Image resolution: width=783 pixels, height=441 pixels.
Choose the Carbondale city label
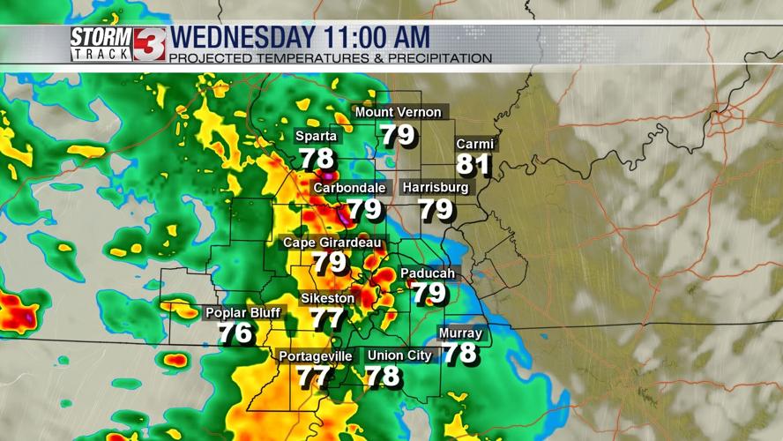(350, 188)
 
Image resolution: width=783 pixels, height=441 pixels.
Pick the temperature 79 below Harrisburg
(436, 210)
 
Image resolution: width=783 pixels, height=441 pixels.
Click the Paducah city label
(428, 273)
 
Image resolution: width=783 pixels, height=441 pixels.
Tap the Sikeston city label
(327, 298)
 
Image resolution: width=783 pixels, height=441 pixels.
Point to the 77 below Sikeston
(327, 319)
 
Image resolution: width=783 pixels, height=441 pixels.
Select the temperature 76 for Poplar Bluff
(235, 334)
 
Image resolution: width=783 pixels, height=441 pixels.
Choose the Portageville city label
(315, 356)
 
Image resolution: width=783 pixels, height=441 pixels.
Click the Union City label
(399, 355)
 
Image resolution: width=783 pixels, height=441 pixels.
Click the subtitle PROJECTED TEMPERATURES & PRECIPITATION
(330, 58)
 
